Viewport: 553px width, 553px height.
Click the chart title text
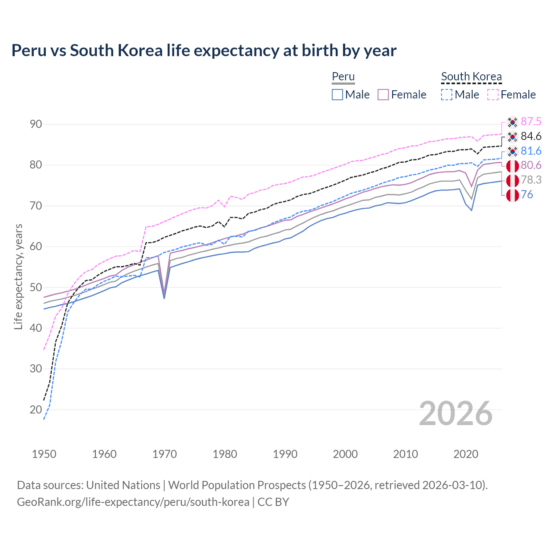click(x=203, y=51)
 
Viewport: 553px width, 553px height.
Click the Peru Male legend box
click(x=337, y=95)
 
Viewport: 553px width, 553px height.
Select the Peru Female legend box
click(x=383, y=95)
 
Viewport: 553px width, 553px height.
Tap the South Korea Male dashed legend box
click(x=447, y=95)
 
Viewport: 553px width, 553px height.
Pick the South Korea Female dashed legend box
click(x=493, y=95)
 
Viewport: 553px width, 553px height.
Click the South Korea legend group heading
click(x=471, y=76)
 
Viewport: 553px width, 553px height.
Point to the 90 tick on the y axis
click(x=36, y=124)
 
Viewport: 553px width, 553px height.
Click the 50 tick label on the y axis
click(x=36, y=287)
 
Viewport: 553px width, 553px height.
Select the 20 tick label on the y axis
click(x=36, y=410)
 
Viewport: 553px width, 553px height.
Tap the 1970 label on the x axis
click(x=165, y=454)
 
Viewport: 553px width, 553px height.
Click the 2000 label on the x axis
click(x=345, y=454)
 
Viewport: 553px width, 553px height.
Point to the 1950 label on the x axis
click(x=44, y=454)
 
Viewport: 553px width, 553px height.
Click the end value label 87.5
click(x=531, y=121)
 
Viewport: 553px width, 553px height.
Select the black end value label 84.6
click(x=531, y=136)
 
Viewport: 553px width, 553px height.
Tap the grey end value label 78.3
click(x=531, y=180)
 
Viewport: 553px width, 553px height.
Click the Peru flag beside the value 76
click(x=512, y=195)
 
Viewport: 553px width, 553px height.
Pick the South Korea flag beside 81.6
click(x=512, y=151)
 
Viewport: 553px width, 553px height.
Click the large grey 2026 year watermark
click(x=456, y=413)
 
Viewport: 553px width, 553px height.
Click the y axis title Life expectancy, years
click(x=18, y=276)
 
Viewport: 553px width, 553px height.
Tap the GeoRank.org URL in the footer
click(x=133, y=502)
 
